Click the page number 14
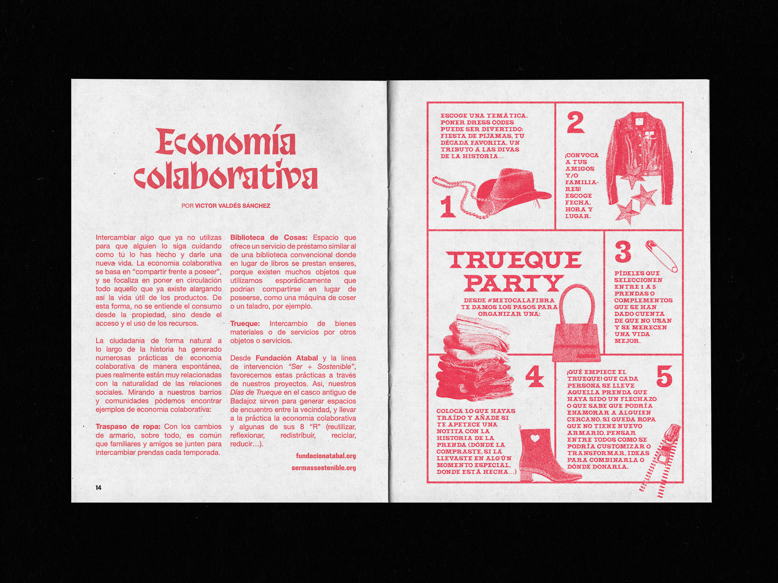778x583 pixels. click(98, 487)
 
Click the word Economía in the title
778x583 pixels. click(226, 141)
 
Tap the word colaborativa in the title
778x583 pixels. click(226, 176)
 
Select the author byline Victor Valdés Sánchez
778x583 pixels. click(233, 206)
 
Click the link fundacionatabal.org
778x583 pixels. click(326, 456)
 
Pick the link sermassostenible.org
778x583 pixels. click(324, 468)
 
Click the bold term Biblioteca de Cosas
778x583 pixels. click(269, 237)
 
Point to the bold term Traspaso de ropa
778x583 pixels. click(128, 427)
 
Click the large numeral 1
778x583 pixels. click(448, 206)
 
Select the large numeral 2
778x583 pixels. click(576, 123)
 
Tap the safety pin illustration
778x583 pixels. click(662, 256)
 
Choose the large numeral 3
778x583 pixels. click(623, 252)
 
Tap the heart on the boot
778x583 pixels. click(535, 438)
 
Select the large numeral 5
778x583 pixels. click(664, 376)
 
